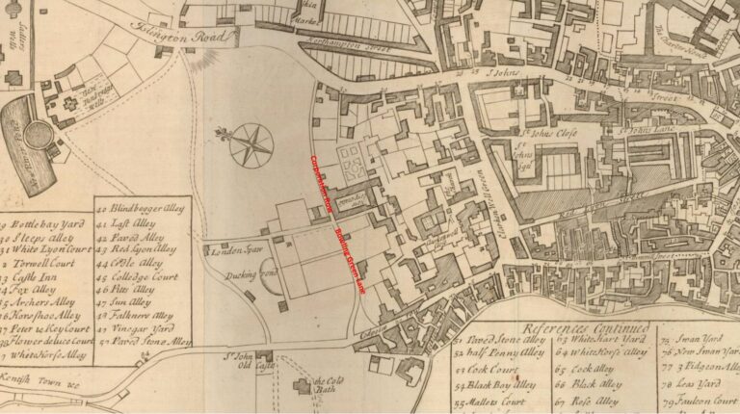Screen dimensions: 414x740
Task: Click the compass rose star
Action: pos(251,145)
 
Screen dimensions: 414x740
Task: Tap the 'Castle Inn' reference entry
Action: pos(35,275)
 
